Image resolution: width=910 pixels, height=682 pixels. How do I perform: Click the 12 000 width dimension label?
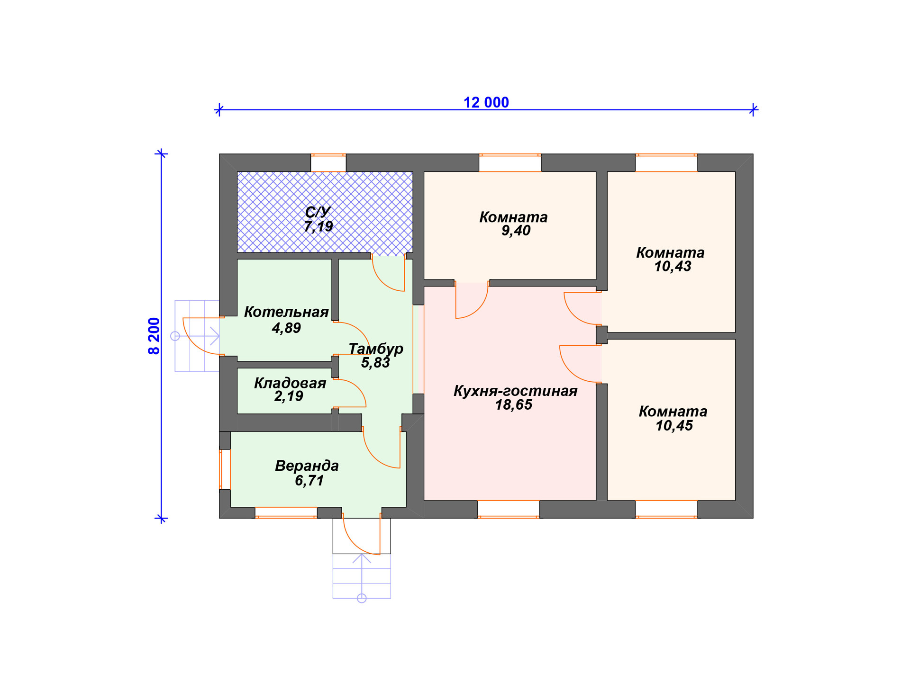click(486, 102)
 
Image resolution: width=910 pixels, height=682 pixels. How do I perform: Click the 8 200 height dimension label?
click(155, 336)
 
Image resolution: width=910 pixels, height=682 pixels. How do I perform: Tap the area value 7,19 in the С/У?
click(318, 227)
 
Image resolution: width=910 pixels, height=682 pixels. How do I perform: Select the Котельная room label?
click(286, 312)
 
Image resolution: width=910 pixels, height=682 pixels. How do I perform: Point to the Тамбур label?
click(376, 349)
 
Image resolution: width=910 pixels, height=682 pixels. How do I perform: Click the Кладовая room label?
click(290, 383)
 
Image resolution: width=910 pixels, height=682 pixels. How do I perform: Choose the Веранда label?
click(307, 466)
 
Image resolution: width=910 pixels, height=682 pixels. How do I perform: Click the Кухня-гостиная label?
click(516, 391)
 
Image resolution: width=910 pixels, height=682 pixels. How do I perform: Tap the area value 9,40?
click(516, 231)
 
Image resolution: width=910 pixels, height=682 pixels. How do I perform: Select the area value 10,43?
click(673, 267)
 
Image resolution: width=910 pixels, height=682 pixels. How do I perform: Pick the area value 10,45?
click(674, 426)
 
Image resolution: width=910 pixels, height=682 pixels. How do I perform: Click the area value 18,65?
click(514, 405)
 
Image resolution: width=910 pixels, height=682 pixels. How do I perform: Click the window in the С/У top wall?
click(328, 162)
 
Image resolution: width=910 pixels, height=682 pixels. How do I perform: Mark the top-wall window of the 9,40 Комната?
click(510, 162)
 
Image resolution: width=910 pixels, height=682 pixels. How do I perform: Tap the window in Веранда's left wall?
click(225, 469)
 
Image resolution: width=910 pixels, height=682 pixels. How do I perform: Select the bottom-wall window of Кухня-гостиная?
click(509, 509)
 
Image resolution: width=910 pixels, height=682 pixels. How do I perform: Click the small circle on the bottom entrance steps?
click(362, 599)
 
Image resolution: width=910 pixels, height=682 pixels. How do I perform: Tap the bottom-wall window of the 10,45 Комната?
click(666, 509)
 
